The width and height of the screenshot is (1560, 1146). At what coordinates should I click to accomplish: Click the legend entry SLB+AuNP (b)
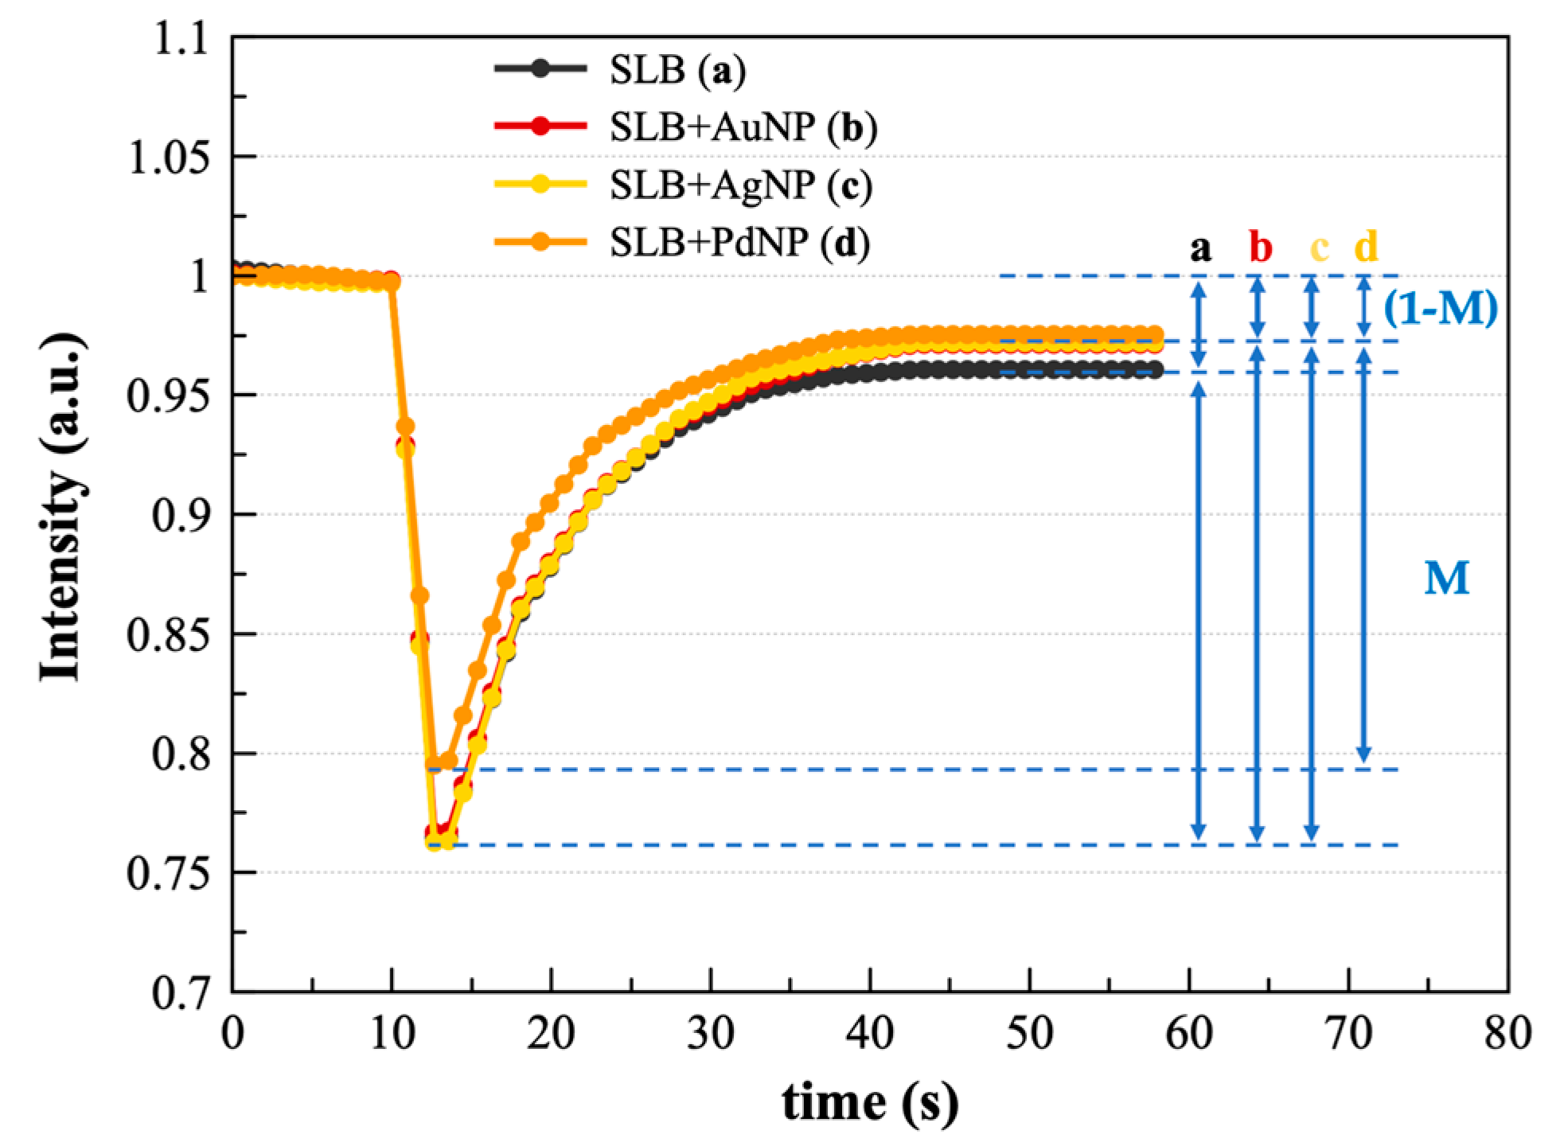(743, 128)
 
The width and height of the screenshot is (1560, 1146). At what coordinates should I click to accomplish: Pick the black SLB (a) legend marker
(541, 69)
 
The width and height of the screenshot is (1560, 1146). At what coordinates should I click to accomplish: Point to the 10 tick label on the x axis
(391, 1037)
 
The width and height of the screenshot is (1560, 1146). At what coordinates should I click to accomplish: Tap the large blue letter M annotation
(1445, 579)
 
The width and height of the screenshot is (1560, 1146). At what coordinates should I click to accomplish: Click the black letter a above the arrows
(1199, 249)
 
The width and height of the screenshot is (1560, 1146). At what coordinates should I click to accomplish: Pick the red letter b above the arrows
(1260, 249)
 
